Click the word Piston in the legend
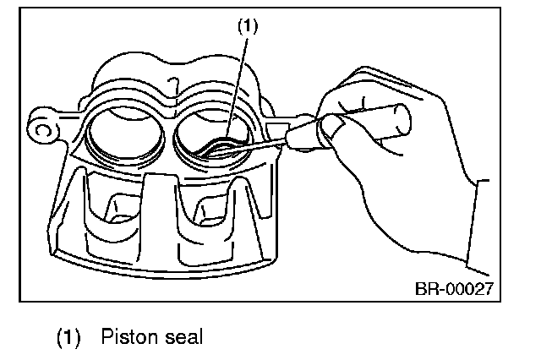click(x=127, y=337)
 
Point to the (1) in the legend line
click(x=68, y=337)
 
